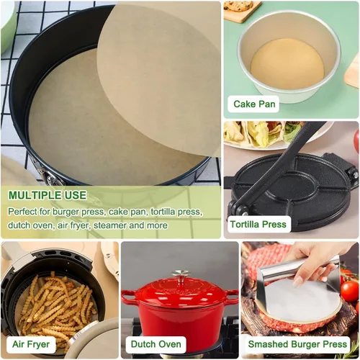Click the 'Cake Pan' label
click(x=254, y=104)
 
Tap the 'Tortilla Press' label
click(x=258, y=224)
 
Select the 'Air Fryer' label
click(x=31, y=344)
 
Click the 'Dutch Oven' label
click(x=156, y=344)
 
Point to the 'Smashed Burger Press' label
click(x=297, y=344)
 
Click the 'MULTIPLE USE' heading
click(x=48, y=195)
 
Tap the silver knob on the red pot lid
click(x=181, y=274)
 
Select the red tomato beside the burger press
click(x=349, y=291)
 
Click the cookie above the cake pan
click(x=239, y=5)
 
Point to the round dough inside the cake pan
click(x=287, y=64)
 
